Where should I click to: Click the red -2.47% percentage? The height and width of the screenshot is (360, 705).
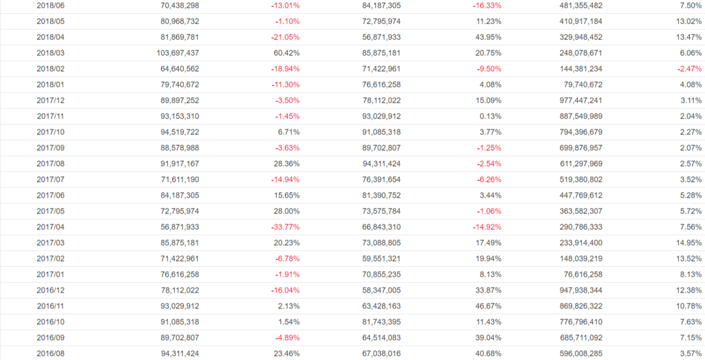click(688, 69)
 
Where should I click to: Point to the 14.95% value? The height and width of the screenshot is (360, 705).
click(689, 243)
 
